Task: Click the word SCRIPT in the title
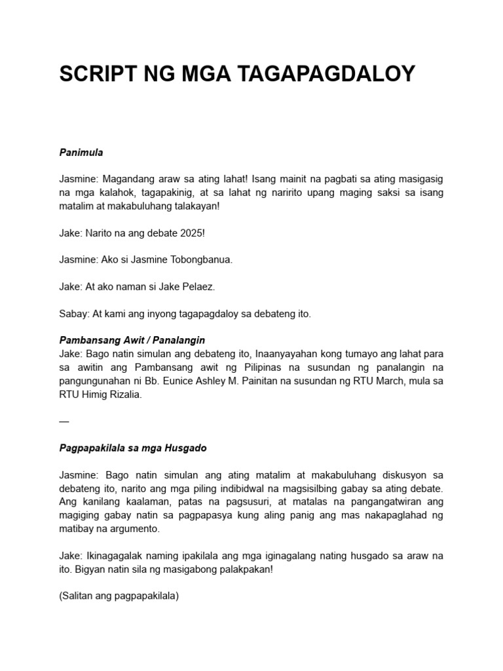[98, 74]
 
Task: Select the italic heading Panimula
[81, 153]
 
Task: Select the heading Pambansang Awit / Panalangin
[132, 341]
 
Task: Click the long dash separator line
[64, 421]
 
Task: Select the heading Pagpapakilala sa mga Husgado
[133, 448]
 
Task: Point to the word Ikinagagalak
[117, 556]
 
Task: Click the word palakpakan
[242, 569]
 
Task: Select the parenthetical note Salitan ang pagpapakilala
[119, 596]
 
